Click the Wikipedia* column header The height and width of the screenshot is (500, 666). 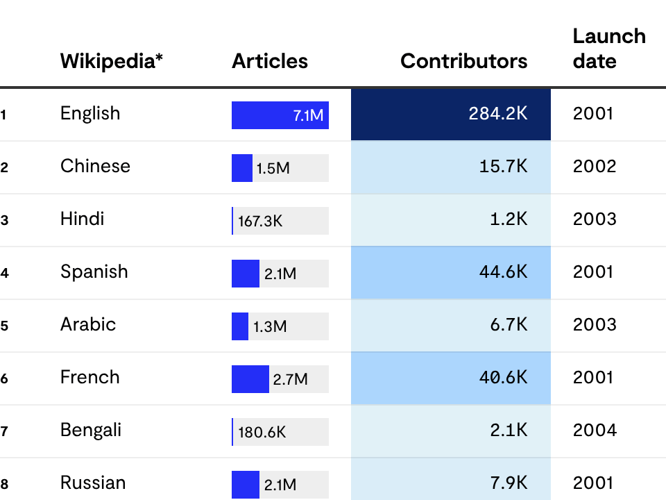tap(112, 61)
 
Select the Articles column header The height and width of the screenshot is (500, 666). tap(270, 61)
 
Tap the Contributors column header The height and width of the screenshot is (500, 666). tap(463, 61)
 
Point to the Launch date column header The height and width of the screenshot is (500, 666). tap(608, 49)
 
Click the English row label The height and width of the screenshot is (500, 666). tap(90, 113)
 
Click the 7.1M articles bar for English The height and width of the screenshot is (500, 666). tap(280, 115)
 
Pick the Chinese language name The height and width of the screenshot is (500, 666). tap(95, 166)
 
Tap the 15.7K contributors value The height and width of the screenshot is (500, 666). tap(503, 167)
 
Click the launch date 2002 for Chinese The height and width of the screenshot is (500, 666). tap(594, 167)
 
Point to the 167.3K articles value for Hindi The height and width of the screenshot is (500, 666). tap(260, 222)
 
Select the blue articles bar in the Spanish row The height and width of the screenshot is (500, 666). tap(245, 274)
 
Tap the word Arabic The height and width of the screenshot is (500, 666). tap(88, 324)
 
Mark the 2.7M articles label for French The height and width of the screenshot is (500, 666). tap(290, 380)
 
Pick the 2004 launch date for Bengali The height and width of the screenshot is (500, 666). tap(594, 431)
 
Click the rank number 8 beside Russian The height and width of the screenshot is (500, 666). tap(4, 485)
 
